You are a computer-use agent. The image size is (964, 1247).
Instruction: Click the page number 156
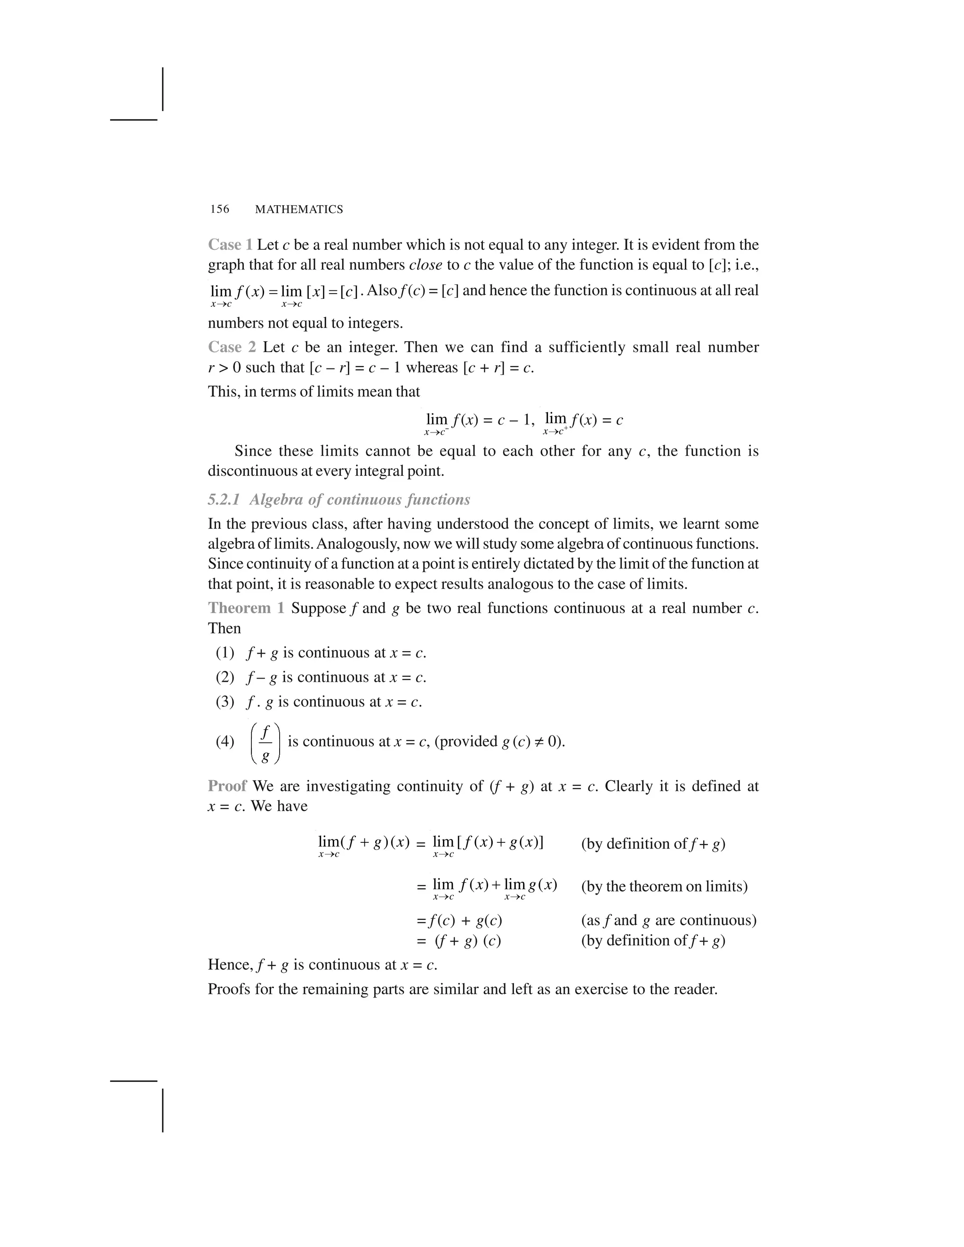pos(219,209)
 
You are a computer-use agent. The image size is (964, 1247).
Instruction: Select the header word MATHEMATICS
pos(299,209)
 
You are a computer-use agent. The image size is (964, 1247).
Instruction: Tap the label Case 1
pos(230,245)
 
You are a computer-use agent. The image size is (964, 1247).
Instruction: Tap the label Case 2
pos(231,347)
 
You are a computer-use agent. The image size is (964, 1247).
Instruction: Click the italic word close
pos(426,265)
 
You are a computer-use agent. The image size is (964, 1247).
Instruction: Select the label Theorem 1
pos(246,608)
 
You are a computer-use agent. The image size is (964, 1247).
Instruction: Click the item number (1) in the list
pos(225,653)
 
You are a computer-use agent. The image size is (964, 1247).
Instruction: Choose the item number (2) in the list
pos(225,677)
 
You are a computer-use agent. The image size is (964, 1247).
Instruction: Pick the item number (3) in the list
pos(225,702)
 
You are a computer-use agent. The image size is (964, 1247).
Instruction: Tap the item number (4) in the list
pos(225,742)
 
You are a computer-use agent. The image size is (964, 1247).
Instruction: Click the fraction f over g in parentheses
pos(265,742)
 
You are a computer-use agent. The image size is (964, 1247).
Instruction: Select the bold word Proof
pos(227,786)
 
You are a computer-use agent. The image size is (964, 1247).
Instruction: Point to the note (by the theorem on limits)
pos(664,886)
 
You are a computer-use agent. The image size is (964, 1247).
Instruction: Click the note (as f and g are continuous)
pos(668,920)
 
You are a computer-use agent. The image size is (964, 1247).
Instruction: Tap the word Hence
pos(230,965)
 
